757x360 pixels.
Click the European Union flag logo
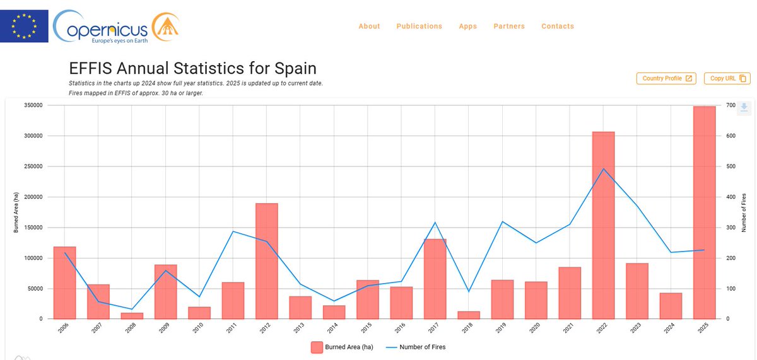[x=23, y=25]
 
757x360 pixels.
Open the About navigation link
[x=369, y=26]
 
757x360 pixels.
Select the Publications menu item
[x=419, y=26]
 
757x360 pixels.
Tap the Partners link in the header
[x=508, y=26]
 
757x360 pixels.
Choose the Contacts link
[x=558, y=26]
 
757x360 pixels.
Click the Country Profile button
[x=667, y=78]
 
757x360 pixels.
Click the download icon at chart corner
[x=744, y=107]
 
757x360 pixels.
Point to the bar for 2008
[x=132, y=315]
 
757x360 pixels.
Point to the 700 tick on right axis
[x=731, y=105]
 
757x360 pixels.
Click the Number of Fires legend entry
[x=416, y=347]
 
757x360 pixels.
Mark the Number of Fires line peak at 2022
[x=603, y=168]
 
